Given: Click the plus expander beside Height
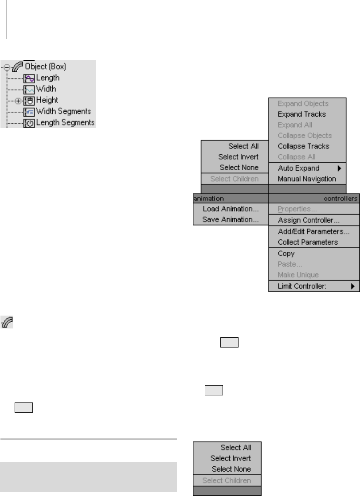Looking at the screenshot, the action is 18,101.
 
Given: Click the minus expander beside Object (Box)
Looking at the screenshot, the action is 7,67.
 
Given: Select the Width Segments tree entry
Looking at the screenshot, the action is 63,111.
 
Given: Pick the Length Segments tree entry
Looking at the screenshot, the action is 65,122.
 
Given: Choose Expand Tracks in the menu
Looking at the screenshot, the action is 301,114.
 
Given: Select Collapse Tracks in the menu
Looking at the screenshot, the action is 303,146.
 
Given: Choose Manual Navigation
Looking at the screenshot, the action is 307,179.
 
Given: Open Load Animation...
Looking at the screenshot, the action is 231,209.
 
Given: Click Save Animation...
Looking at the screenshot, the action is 231,219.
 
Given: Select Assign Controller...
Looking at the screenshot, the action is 309,220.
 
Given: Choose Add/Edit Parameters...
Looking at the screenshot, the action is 313,231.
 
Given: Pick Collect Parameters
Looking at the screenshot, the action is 308,242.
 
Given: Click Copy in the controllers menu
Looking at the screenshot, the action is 286,254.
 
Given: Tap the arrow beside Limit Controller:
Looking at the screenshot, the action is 352,286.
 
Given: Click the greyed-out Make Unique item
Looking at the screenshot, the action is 298,275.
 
